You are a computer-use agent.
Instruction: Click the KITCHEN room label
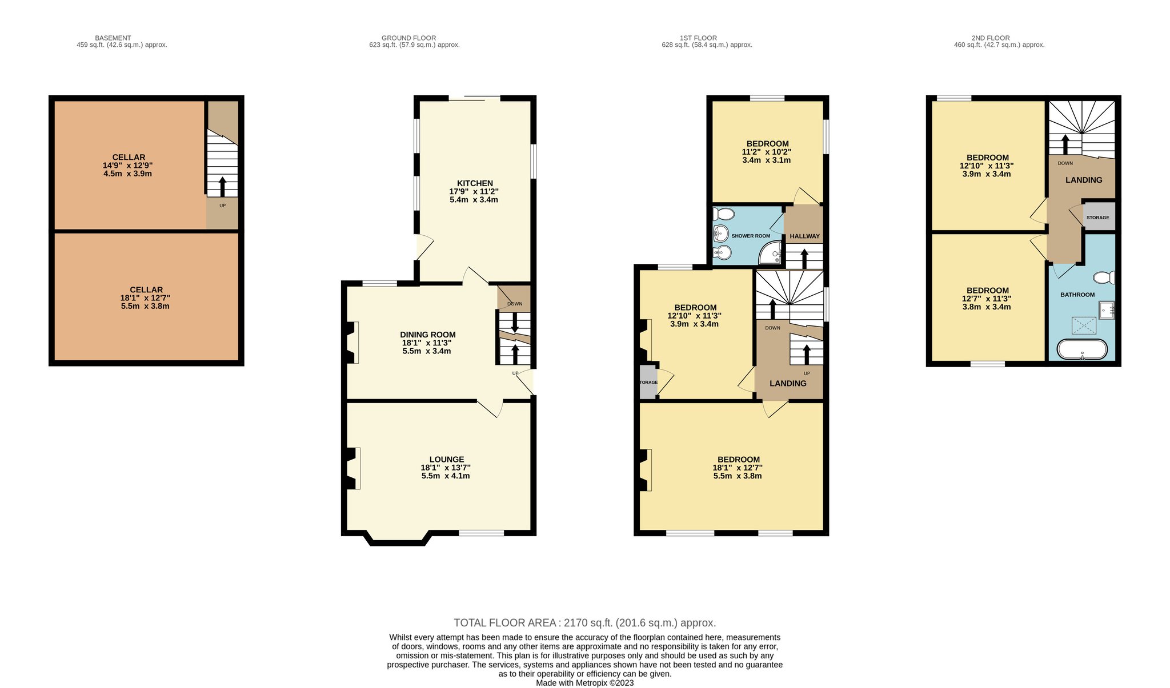pyautogui.click(x=475, y=183)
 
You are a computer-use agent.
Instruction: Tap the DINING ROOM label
pyautogui.click(x=428, y=335)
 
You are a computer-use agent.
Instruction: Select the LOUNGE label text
pyautogui.click(x=447, y=459)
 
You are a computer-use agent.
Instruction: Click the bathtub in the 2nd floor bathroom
pyautogui.click(x=1082, y=349)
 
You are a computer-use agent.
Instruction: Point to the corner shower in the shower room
pyautogui.click(x=771, y=252)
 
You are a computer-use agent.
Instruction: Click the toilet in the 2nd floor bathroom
pyautogui.click(x=1104, y=278)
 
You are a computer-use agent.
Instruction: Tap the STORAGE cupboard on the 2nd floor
pyautogui.click(x=1098, y=216)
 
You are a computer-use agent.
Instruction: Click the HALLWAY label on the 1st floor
pyautogui.click(x=804, y=236)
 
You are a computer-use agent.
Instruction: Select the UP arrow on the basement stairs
pyautogui.click(x=222, y=187)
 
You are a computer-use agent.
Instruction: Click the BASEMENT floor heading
pyautogui.click(x=113, y=38)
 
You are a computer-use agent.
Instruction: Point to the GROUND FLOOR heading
pyautogui.click(x=408, y=38)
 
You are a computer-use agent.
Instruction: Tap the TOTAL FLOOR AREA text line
pyautogui.click(x=584, y=623)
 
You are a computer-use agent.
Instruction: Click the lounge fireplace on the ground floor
pyautogui.click(x=353, y=468)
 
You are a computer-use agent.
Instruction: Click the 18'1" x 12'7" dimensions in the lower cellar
pyautogui.click(x=146, y=297)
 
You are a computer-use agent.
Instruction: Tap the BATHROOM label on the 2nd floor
pyautogui.click(x=1077, y=295)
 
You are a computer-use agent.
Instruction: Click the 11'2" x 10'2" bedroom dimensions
pyautogui.click(x=767, y=152)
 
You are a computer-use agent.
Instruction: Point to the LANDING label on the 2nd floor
pyautogui.click(x=1084, y=180)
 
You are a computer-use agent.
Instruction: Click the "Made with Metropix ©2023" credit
pyautogui.click(x=584, y=683)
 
